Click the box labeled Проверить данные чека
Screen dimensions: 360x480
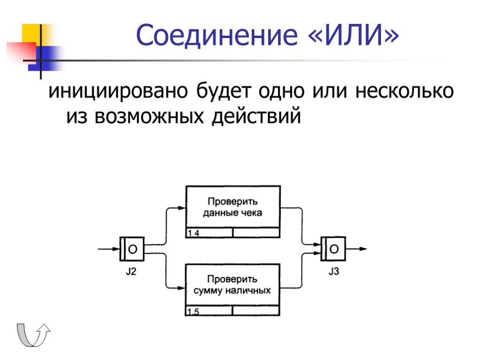click(x=233, y=207)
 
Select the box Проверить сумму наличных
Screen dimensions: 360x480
click(x=233, y=285)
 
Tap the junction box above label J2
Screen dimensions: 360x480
click(x=132, y=249)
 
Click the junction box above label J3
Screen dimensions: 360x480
click(x=333, y=249)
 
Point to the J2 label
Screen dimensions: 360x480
click(x=131, y=271)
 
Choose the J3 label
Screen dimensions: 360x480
click(x=333, y=271)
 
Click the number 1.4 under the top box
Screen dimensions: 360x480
click(x=194, y=233)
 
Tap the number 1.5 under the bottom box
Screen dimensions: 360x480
click(x=193, y=312)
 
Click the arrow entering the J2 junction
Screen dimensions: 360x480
click(x=108, y=249)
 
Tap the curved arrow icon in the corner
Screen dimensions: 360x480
click(x=33, y=335)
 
